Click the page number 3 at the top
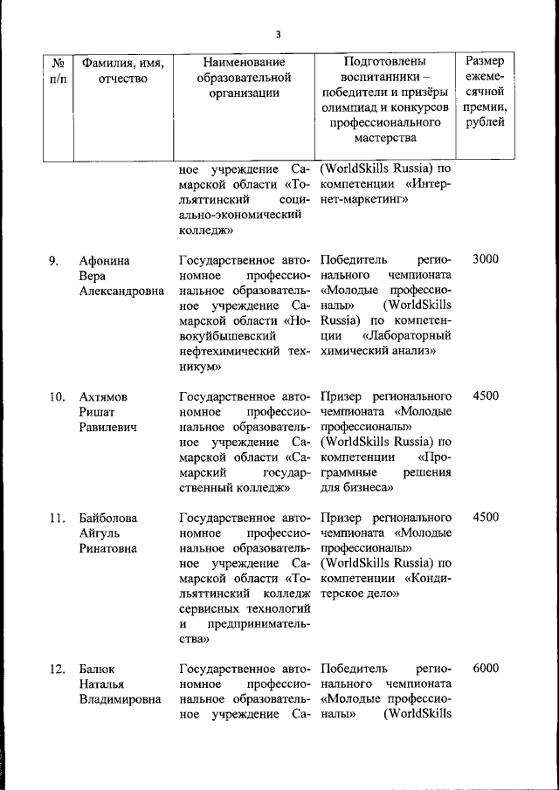278,35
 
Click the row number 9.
53,260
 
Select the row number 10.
56,396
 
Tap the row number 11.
56,517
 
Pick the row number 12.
56,669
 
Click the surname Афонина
104,260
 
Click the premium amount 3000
485,260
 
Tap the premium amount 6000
485,669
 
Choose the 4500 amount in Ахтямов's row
485,396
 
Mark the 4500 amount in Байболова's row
485,517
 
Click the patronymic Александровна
121,292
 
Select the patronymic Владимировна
120,700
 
